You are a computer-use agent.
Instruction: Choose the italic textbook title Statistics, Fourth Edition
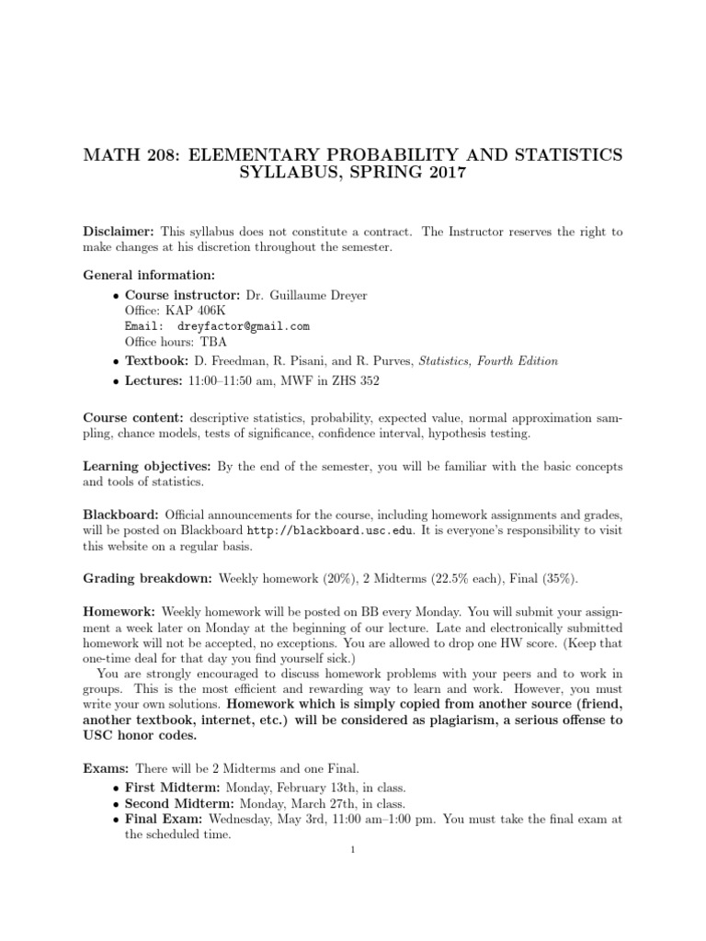(x=487, y=361)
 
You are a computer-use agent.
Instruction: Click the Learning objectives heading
(x=145, y=466)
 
